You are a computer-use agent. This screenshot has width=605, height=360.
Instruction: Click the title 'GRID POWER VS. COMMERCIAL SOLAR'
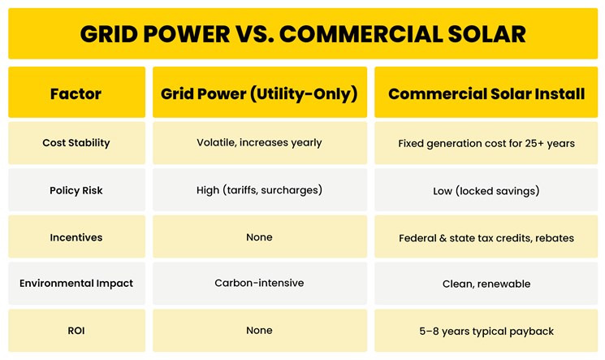[302, 33]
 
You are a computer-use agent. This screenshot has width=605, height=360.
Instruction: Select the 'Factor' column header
[76, 93]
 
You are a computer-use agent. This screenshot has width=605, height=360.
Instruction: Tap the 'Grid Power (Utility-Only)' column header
[259, 93]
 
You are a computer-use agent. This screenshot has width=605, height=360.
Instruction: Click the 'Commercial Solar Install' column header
[486, 93]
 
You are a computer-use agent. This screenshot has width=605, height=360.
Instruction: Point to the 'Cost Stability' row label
[76, 143]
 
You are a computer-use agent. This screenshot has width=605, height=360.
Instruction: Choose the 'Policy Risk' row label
[76, 190]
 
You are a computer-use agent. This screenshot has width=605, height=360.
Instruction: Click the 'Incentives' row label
[76, 237]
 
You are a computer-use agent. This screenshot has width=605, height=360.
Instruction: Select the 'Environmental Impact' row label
[76, 284]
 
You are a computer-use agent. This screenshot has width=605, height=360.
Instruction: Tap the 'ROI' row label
[76, 331]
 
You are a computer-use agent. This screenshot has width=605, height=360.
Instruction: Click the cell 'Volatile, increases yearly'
[259, 143]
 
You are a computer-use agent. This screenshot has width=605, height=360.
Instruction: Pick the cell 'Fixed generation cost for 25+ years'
[486, 144]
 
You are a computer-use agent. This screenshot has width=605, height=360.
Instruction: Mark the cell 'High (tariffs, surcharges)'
[259, 190]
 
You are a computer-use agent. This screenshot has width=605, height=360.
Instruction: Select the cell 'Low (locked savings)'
[486, 191]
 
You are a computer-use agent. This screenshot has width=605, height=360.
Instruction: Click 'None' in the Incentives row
[259, 237]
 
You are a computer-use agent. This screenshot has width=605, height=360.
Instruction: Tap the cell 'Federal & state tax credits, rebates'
[486, 238]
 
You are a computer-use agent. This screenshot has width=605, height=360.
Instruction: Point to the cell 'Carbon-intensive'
[259, 284]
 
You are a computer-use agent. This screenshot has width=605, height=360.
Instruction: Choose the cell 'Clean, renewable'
[486, 284]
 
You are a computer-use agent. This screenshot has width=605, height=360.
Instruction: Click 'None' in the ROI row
[259, 331]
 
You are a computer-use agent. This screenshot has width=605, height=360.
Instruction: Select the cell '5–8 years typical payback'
[486, 332]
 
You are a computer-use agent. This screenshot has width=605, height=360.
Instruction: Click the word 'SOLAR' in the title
[482, 33]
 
